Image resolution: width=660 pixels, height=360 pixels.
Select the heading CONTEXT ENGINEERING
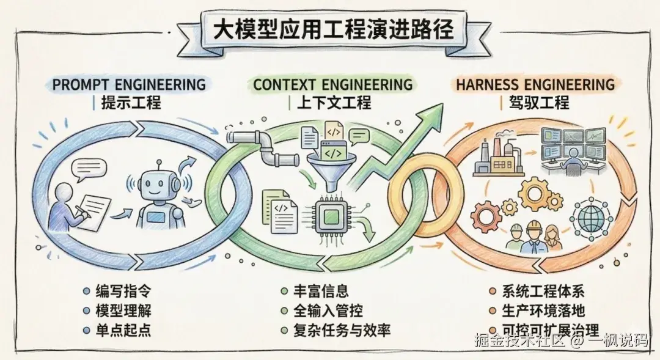[x=332, y=84]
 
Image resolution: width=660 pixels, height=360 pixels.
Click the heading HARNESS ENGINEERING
[x=535, y=84]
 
